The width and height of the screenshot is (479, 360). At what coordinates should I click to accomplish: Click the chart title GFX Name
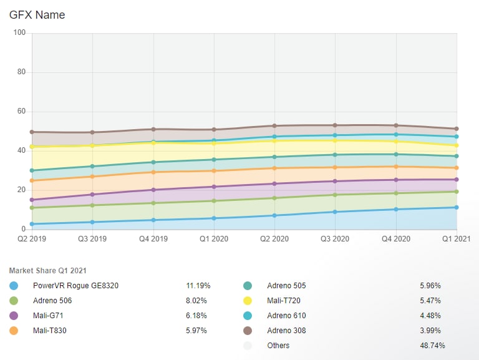[37, 14]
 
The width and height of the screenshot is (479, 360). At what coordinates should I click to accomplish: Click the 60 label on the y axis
[21, 112]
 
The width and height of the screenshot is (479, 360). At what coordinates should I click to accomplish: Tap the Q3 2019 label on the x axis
[92, 238]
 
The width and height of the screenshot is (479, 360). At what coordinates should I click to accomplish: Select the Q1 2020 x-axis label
[214, 238]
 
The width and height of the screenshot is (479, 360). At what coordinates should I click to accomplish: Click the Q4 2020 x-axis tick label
[396, 238]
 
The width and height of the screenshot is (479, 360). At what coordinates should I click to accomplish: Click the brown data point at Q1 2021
[457, 129]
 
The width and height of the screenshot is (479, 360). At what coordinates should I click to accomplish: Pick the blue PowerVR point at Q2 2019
[32, 224]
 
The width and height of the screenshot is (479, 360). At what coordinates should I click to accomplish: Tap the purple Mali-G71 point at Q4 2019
[153, 190]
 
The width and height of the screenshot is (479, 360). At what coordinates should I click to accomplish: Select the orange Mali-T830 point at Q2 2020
[274, 168]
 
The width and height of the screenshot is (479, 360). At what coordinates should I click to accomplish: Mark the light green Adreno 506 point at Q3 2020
[336, 195]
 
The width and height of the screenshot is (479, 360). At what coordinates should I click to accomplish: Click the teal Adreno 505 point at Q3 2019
[92, 166]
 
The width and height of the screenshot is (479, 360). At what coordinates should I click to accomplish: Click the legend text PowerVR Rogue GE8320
[75, 286]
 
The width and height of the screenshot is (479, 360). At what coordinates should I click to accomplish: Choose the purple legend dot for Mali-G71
[14, 316]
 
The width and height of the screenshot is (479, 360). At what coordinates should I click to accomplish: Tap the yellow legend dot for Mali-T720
[248, 301]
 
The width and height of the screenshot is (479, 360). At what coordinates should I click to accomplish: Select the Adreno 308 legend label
[287, 331]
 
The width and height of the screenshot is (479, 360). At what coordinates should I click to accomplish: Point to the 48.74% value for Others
[432, 346]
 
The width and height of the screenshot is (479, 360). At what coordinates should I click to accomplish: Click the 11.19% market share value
[198, 286]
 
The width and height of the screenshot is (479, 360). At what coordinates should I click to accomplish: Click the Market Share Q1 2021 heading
[48, 270]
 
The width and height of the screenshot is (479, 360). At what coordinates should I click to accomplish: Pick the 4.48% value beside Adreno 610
[430, 316]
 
